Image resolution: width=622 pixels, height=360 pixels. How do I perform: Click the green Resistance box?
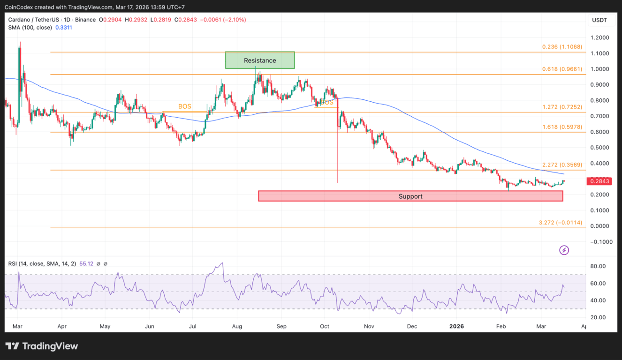(x=260, y=60)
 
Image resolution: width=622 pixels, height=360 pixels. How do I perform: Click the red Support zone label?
(x=410, y=196)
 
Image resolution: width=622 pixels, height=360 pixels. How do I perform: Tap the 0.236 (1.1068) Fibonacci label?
(x=562, y=47)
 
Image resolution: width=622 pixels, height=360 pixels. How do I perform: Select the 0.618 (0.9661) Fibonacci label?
(x=562, y=69)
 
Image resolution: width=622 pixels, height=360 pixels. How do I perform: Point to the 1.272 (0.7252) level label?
(x=562, y=107)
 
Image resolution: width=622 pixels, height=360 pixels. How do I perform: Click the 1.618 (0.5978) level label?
(x=562, y=127)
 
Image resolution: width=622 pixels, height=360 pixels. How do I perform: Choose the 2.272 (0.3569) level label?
(x=562, y=165)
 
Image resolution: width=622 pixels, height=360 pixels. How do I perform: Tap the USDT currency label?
(x=599, y=20)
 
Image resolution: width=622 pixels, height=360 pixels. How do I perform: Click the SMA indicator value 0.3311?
(x=64, y=28)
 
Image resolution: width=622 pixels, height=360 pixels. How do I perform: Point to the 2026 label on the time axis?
(x=456, y=326)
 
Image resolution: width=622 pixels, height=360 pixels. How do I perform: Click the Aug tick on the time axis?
(x=237, y=326)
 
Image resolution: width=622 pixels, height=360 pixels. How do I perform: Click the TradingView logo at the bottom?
(x=42, y=346)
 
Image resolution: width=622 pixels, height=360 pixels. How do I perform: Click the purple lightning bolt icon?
(x=564, y=250)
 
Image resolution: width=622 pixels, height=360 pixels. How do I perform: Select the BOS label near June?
(x=185, y=106)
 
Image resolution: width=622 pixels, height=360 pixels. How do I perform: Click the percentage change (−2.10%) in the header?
(x=233, y=20)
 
